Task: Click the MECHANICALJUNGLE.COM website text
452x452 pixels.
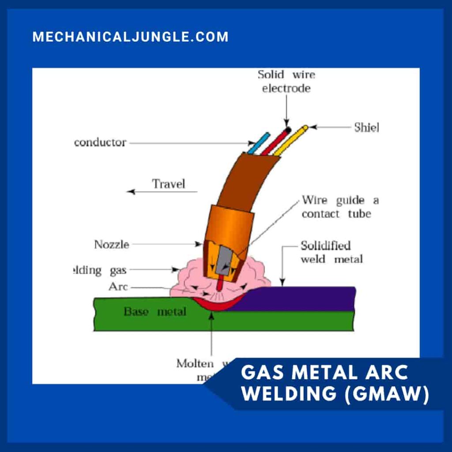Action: click(x=130, y=37)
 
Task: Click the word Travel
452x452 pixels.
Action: click(x=168, y=184)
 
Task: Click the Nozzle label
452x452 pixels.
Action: click(x=111, y=244)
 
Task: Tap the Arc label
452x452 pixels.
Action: click(x=118, y=287)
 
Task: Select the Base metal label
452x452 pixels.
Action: click(x=154, y=312)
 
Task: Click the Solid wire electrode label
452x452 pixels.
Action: click(x=286, y=81)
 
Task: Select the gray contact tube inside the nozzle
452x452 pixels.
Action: click(x=225, y=260)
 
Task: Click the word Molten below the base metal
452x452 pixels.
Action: click(x=195, y=364)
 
